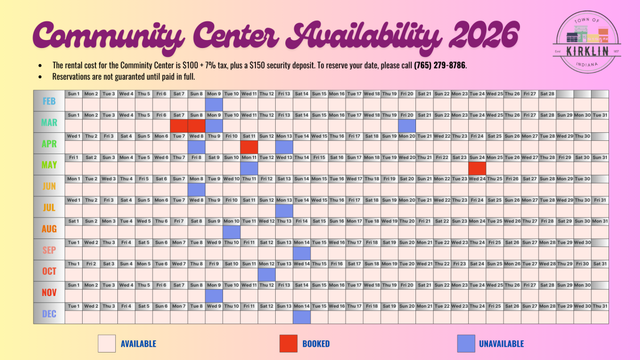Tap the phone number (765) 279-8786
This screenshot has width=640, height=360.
[x=441, y=66]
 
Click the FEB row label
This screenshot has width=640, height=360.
[x=50, y=101]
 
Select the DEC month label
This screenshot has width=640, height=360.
[x=50, y=314]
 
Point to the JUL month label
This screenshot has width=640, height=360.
[x=50, y=207]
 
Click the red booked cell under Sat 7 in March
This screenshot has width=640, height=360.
[x=179, y=125]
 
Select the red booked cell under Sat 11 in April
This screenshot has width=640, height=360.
[x=249, y=147]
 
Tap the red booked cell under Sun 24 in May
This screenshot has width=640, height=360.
[x=477, y=168]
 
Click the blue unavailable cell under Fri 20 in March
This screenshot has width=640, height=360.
[x=407, y=125]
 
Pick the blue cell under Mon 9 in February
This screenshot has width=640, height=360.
[x=214, y=105]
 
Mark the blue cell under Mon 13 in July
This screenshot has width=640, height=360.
[x=284, y=211]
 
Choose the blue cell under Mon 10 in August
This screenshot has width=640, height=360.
[x=231, y=231]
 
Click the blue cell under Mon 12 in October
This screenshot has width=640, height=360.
[x=267, y=274]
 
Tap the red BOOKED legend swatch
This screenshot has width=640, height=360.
[x=288, y=344]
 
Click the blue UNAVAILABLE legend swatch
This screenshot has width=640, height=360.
[x=466, y=344]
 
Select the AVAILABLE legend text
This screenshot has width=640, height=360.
[x=139, y=344]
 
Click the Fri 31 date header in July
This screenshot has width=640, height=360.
[x=599, y=200]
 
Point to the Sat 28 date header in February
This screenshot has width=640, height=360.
[x=547, y=94]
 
